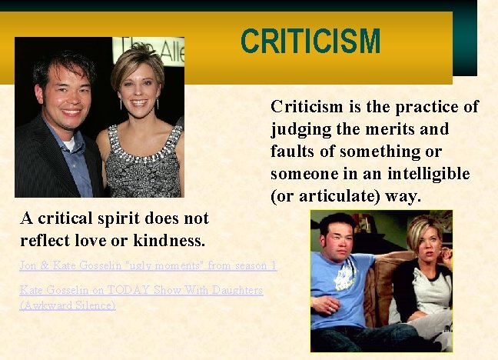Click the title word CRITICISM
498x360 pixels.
coord(310,42)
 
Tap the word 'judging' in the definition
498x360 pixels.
coord(300,129)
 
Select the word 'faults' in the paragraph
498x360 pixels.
coord(290,151)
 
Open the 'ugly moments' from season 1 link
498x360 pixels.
coord(148,265)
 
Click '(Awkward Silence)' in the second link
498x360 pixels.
coord(68,305)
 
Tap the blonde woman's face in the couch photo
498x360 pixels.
coord(427,243)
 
